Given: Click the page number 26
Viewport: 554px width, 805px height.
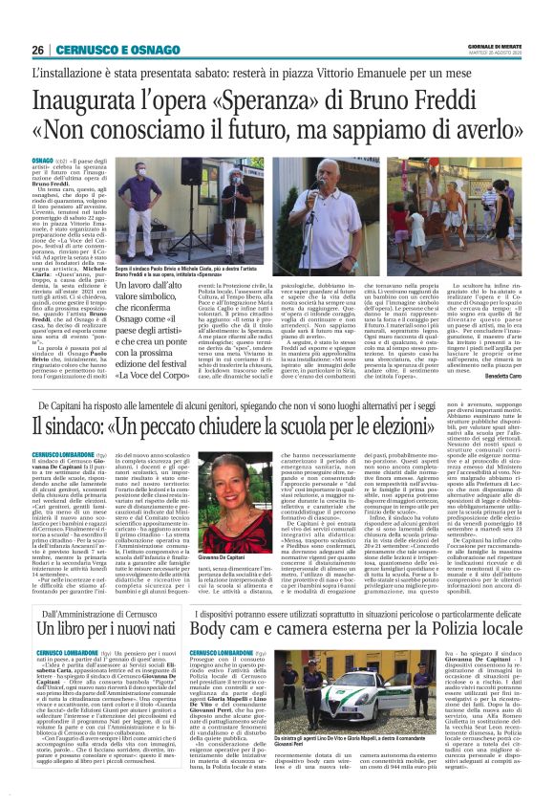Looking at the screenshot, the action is [x=39, y=50].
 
